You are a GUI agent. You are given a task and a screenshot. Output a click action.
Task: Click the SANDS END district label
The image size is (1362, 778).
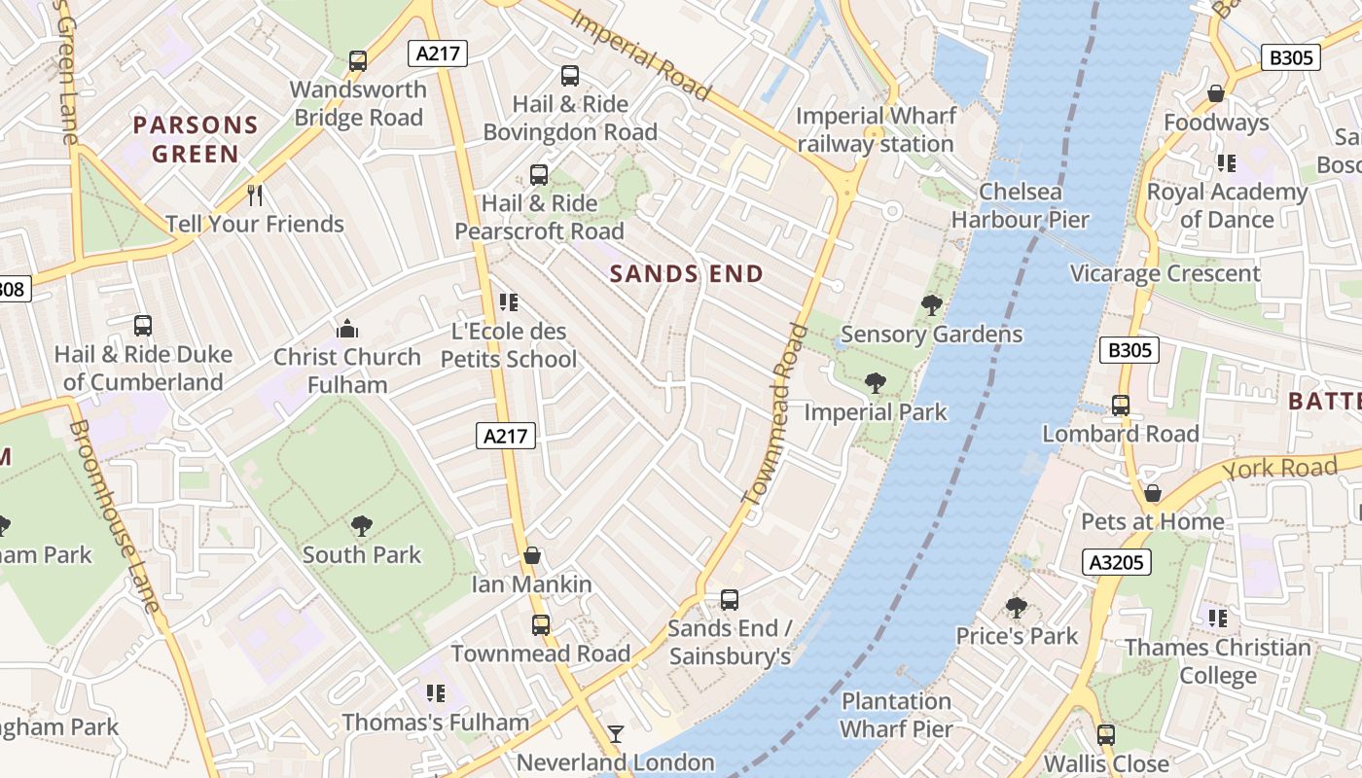point(686,274)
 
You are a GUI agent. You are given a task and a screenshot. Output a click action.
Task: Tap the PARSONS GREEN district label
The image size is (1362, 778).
point(196,139)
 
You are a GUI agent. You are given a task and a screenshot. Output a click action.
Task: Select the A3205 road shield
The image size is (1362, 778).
point(1117,562)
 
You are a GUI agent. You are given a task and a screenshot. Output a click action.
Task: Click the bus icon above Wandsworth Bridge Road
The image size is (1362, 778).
point(358,61)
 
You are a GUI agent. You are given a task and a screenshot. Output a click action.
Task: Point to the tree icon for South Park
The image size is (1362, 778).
point(361,526)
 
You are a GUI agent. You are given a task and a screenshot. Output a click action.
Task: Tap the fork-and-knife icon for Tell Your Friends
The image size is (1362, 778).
point(255,195)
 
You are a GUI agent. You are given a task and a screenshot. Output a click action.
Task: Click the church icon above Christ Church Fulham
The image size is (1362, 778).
point(347,329)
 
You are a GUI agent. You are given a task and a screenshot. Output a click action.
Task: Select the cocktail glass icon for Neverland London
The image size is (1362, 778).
point(616,733)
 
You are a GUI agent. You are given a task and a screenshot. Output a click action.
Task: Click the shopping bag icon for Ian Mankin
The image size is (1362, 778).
point(532,555)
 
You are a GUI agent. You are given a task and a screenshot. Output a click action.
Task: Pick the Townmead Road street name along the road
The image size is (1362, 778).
point(775,415)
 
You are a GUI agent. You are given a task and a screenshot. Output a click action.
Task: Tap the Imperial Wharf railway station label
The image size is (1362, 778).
point(875,130)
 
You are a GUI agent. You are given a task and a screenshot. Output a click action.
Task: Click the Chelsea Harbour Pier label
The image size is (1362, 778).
point(1020,205)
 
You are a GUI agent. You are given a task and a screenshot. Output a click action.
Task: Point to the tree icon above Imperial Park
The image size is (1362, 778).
point(876,383)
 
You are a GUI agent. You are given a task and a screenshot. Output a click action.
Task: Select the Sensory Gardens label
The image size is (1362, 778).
point(931,335)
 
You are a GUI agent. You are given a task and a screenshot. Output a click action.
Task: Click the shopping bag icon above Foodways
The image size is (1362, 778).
point(1216,93)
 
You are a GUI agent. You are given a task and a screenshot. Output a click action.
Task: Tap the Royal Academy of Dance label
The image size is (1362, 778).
point(1226,205)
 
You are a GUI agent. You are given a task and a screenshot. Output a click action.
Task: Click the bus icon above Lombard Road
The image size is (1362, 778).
point(1121,405)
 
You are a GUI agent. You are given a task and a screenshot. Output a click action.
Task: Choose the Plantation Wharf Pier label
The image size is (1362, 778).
point(896,715)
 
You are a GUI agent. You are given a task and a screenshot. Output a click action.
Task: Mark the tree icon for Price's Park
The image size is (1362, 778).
point(1017,608)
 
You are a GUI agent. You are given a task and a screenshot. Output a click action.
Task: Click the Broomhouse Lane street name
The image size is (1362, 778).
point(114,516)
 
